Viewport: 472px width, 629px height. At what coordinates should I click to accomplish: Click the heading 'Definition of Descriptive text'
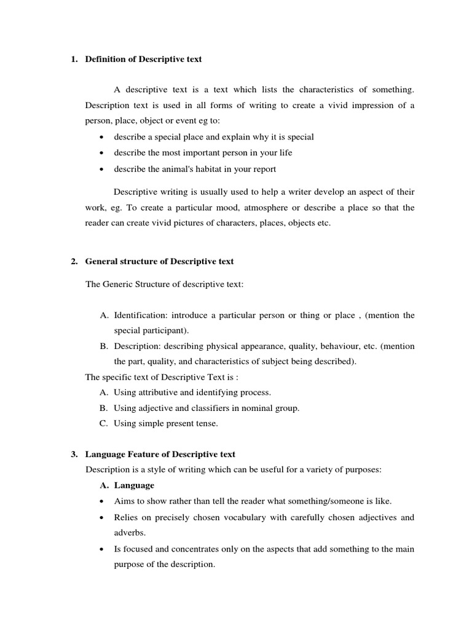click(x=143, y=60)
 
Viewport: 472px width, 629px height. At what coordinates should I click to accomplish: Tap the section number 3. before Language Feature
click(x=74, y=455)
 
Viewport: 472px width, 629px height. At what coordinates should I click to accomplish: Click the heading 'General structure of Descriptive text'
click(x=159, y=262)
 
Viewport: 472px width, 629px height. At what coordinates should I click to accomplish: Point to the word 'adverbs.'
click(x=130, y=533)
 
